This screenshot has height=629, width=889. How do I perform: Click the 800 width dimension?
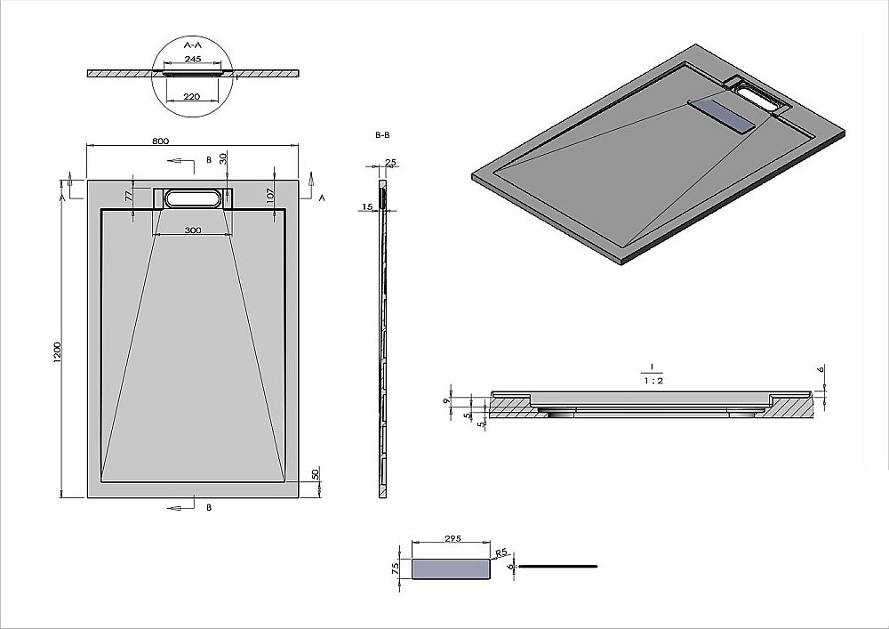pyautogui.click(x=160, y=141)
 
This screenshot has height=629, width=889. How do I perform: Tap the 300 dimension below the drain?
pyautogui.click(x=193, y=230)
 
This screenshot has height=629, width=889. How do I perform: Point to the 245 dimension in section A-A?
pyautogui.click(x=192, y=59)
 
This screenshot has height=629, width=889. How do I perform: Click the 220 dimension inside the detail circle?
pyautogui.click(x=192, y=95)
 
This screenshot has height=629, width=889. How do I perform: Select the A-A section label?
pyautogui.click(x=192, y=44)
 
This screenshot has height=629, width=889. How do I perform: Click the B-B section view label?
pyautogui.click(x=382, y=134)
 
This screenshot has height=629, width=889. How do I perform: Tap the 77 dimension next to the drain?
pyautogui.click(x=129, y=195)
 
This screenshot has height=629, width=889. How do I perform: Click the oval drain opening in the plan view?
pyautogui.click(x=193, y=198)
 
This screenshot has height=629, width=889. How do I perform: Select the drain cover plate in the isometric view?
pyautogui.click(x=722, y=114)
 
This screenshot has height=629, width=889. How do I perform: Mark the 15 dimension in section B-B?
pyautogui.click(x=367, y=207)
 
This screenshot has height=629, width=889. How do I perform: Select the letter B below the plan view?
pyautogui.click(x=208, y=507)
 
